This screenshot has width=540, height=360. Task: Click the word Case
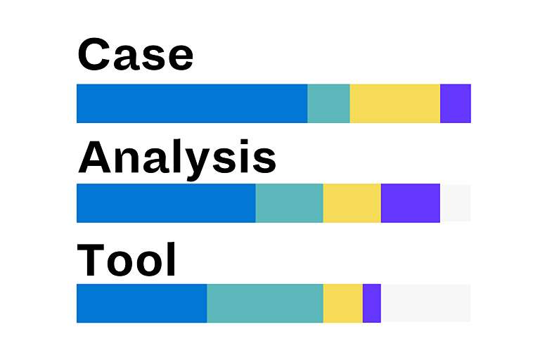[135, 55]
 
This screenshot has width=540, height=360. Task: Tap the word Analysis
[176, 157]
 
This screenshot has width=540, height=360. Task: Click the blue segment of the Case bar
[191, 103]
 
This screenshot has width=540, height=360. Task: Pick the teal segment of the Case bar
[328, 103]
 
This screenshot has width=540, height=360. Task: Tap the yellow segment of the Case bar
[394, 103]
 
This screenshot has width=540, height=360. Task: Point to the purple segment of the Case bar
[455, 103]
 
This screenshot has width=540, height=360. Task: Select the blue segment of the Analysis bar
[165, 203]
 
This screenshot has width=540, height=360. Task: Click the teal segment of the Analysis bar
[289, 203]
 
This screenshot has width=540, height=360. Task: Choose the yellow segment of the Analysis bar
[352, 203]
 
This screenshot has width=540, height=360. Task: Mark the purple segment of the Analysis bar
[410, 203]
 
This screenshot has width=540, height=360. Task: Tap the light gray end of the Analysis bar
[455, 203]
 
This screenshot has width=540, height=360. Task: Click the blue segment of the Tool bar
[141, 303]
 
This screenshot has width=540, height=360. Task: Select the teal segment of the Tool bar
[264, 303]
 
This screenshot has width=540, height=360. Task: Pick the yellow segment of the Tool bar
[342, 303]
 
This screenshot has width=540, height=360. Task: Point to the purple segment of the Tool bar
[371, 303]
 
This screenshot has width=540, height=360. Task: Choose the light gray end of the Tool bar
[425, 303]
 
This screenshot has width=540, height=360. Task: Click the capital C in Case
[94, 55]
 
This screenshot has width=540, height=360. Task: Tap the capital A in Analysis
[95, 157]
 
